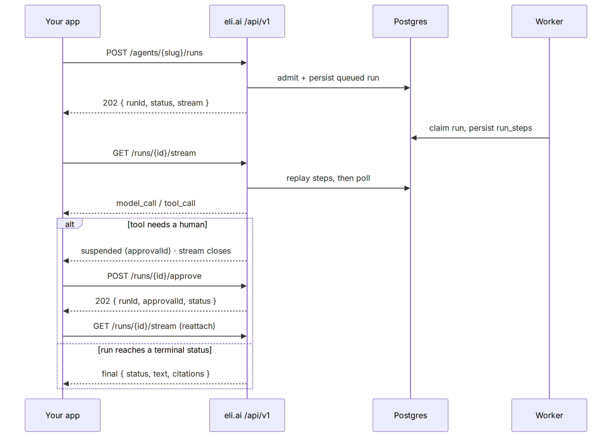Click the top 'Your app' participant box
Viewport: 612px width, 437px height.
click(63, 21)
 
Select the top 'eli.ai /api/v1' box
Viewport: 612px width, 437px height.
click(247, 21)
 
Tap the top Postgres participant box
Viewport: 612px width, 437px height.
click(411, 21)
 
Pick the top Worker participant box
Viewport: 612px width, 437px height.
click(549, 21)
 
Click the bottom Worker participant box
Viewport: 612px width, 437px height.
click(549, 415)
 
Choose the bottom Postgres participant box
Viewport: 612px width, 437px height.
click(411, 415)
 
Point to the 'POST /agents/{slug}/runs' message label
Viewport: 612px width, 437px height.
click(154, 53)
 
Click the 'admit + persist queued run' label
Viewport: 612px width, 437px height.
click(328, 78)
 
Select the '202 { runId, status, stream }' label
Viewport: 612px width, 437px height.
click(156, 103)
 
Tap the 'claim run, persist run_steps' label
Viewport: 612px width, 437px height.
click(481, 128)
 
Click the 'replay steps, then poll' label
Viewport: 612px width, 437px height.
click(328, 178)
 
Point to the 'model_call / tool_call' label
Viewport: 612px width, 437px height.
click(156, 203)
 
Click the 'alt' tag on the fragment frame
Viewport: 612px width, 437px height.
click(70, 224)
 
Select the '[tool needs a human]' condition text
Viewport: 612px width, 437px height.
click(167, 225)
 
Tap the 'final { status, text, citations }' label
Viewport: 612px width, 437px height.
click(156, 374)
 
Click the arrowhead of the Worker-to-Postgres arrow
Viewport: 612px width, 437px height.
click(414, 138)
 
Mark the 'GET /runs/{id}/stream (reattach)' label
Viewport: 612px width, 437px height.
click(154, 326)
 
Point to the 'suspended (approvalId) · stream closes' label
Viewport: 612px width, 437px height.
click(156, 251)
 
